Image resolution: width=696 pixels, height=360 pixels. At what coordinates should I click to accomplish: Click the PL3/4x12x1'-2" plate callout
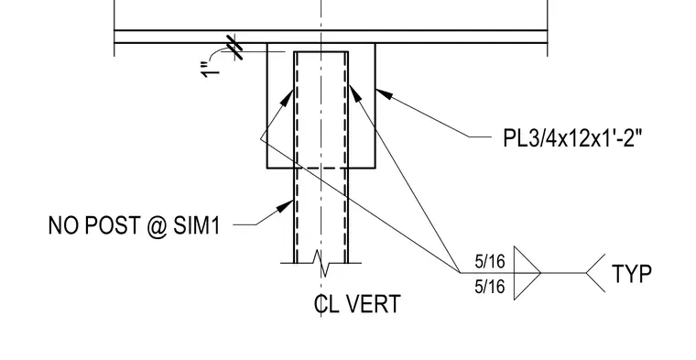[x=572, y=137]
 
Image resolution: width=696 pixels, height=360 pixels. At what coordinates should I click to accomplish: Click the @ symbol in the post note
[x=158, y=226]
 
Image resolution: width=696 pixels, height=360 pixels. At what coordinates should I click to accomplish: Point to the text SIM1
[x=197, y=225]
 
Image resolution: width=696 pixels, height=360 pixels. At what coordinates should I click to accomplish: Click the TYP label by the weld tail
[x=632, y=274]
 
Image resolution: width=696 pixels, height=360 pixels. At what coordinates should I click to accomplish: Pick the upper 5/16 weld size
[x=490, y=262]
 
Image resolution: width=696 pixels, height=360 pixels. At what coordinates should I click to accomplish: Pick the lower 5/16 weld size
[x=490, y=287]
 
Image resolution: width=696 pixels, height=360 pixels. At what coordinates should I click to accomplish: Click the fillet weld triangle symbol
[x=527, y=273]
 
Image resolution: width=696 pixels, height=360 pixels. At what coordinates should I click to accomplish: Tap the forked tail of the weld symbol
[x=595, y=273]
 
